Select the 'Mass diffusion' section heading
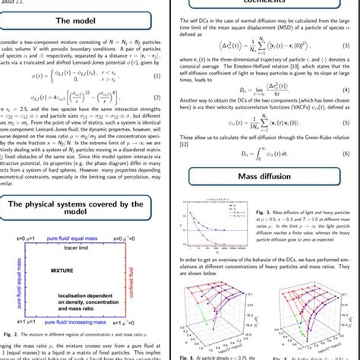(270, 179)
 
